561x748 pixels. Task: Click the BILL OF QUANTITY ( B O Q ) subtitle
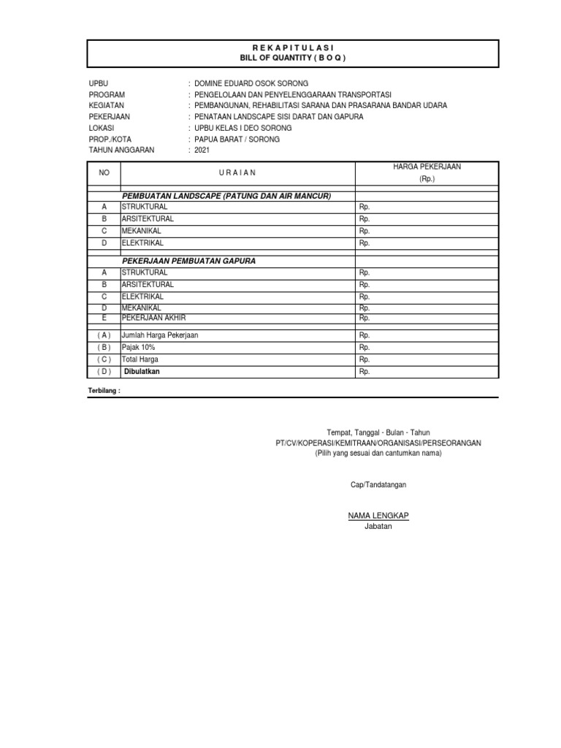(293, 58)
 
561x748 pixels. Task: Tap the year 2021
(202, 150)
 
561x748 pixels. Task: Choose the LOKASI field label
(102, 128)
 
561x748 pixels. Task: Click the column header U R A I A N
(237, 173)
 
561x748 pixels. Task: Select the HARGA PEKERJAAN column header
(427, 167)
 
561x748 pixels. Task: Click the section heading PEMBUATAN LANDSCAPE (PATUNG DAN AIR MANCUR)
(227, 196)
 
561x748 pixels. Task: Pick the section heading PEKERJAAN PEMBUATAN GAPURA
(188, 261)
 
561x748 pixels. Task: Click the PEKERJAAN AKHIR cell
(153, 318)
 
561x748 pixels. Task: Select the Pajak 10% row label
(139, 348)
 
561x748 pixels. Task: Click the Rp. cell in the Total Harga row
(365, 359)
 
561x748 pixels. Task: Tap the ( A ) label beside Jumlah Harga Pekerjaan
(104, 335)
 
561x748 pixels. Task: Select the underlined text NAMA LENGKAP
(378, 516)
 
